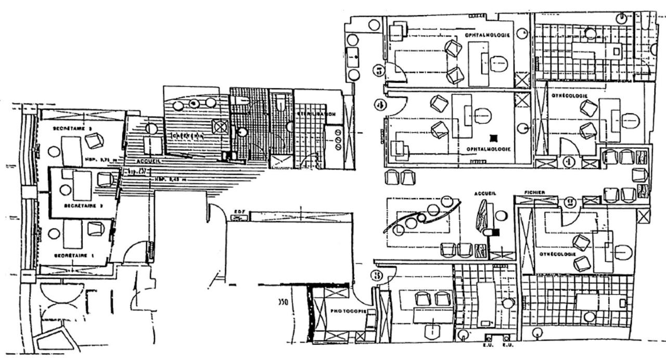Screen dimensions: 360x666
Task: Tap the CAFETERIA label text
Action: tap(188, 135)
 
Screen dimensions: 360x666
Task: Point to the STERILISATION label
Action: tap(316, 114)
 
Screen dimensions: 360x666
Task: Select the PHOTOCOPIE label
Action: tap(349, 311)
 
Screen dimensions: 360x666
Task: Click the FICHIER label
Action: tap(534, 192)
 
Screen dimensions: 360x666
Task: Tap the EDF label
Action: tap(240, 211)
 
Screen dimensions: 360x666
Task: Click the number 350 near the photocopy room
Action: tap(284, 301)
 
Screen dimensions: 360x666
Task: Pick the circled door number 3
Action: tap(376, 276)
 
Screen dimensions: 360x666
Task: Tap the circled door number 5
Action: tap(380, 70)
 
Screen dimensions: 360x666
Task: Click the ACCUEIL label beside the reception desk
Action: tap(485, 193)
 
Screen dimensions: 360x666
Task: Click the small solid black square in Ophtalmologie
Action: tap(493, 138)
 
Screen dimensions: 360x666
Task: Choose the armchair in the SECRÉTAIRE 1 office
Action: tap(96, 228)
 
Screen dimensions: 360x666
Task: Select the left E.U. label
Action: tap(488, 344)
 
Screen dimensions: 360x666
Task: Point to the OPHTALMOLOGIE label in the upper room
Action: tap(488, 35)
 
